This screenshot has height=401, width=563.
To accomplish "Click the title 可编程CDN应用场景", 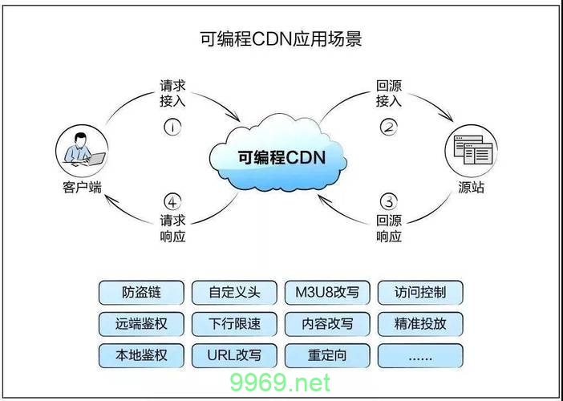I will click(281, 38).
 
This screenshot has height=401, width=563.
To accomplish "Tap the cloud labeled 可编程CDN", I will click(281, 156).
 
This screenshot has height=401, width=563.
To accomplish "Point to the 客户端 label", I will click(83, 188).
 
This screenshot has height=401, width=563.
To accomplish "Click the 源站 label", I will click(472, 188).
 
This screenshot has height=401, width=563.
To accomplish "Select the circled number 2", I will click(388, 125).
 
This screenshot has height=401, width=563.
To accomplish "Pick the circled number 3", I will click(388, 200).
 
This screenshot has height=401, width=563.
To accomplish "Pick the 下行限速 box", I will click(234, 323).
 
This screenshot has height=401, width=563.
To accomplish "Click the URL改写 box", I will click(234, 354).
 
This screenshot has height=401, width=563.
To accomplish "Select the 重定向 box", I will click(327, 354).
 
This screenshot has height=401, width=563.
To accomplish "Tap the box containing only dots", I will click(420, 354).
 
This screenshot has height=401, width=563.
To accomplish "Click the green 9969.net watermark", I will click(281, 381).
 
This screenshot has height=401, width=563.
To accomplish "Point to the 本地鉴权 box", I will click(141, 354).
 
